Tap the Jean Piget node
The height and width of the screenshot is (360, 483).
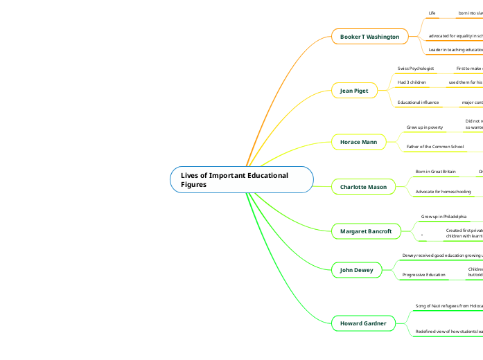pos(354,91)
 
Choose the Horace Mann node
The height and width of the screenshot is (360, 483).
pos(358,142)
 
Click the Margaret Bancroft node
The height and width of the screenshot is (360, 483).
pos(366,231)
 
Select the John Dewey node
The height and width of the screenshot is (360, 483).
pos(356,270)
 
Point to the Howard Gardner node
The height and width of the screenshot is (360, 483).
pos(363,323)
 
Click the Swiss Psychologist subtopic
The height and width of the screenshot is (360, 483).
pos(416,69)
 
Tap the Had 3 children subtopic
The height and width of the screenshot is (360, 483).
pos(412,82)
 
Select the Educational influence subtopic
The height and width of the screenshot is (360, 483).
pos(418,102)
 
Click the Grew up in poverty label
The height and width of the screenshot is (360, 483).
pos(425,127)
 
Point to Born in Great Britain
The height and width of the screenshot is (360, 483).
pos(435,171)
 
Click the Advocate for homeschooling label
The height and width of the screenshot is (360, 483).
pos(443,191)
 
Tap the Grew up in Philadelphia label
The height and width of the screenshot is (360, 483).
pos(444,217)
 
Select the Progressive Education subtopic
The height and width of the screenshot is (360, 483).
pos(424,275)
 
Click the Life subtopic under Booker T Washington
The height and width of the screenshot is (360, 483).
pos(432,13)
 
